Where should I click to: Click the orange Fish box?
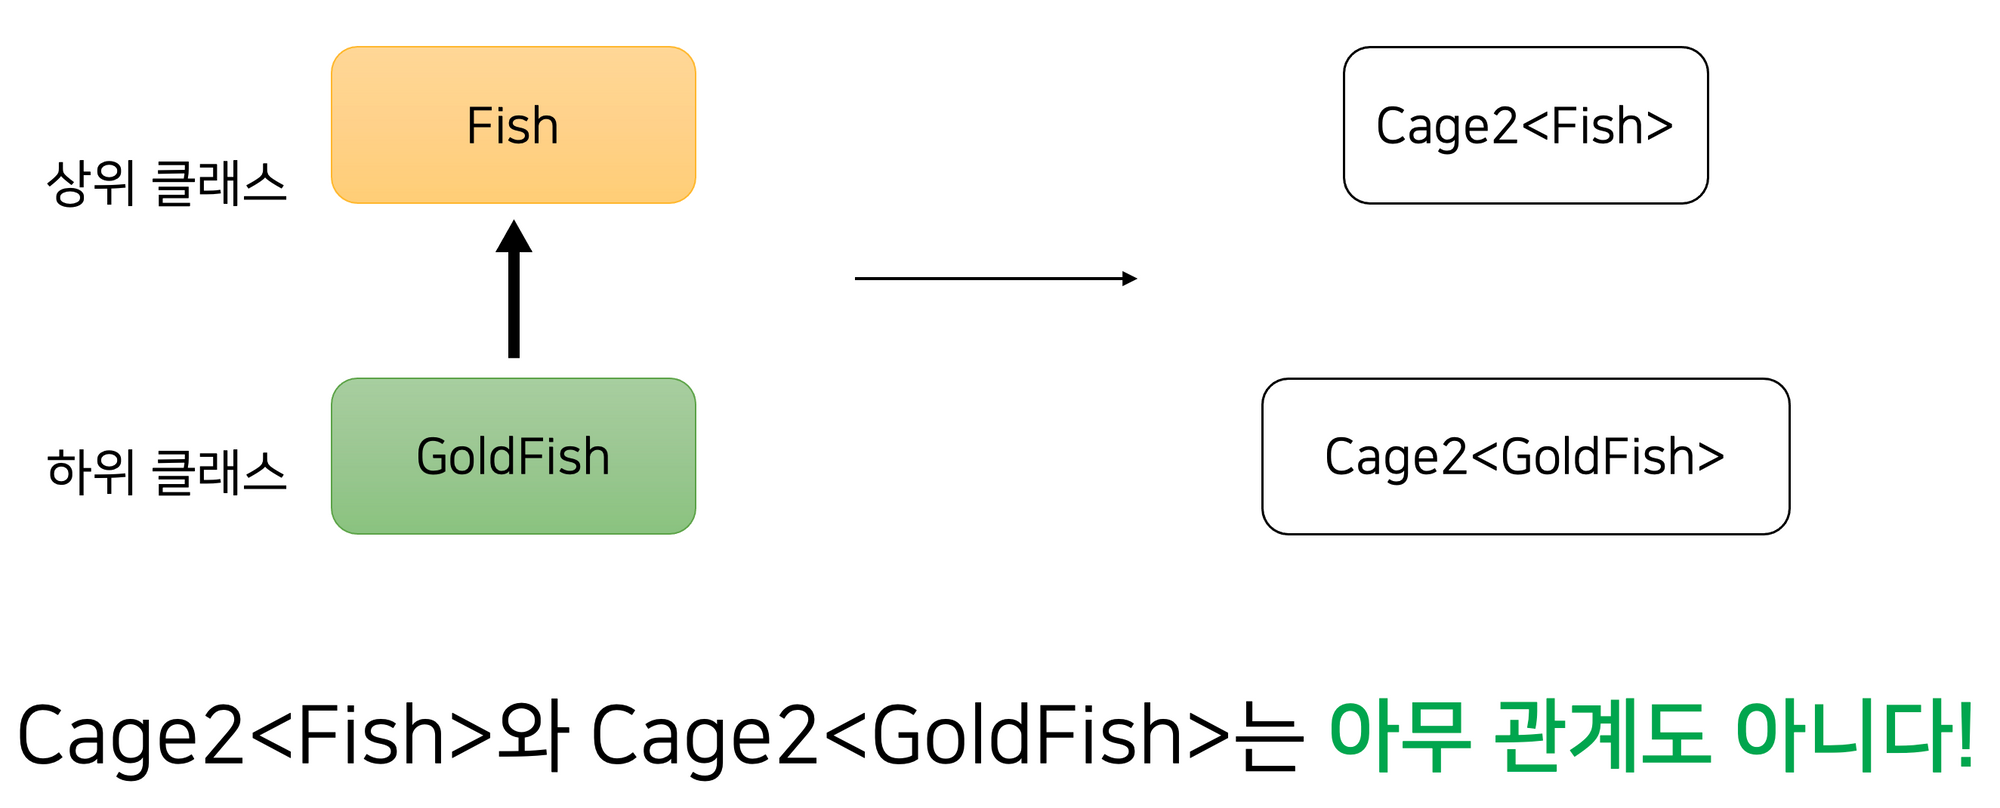[x=513, y=125]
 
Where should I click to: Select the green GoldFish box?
[x=513, y=456]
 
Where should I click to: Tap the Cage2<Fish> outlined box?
[x=1525, y=125]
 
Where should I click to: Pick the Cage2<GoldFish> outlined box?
[x=1525, y=456]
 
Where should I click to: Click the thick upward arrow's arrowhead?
[x=514, y=238]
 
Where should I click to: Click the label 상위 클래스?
[x=166, y=184]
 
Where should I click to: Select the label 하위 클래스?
[x=166, y=472]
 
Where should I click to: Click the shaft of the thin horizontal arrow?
[x=990, y=278]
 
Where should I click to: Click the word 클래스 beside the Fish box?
[x=219, y=184]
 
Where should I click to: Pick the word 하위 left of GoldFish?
[x=90, y=472]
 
